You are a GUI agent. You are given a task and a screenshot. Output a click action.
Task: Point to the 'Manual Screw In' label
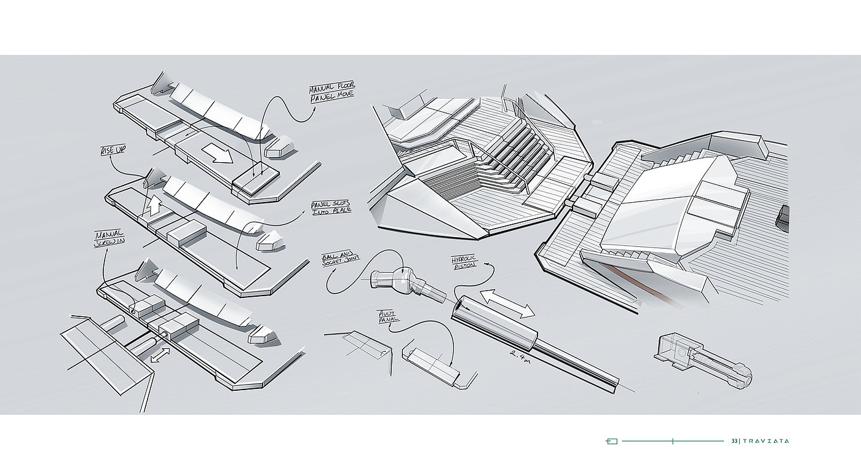point(110,240)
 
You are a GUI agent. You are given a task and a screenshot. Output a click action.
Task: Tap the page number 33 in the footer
point(734,441)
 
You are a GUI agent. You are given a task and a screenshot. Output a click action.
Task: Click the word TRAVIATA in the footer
point(766,441)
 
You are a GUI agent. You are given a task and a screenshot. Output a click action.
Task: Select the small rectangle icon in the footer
point(611,441)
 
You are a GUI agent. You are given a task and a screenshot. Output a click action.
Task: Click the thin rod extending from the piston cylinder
point(578,366)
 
